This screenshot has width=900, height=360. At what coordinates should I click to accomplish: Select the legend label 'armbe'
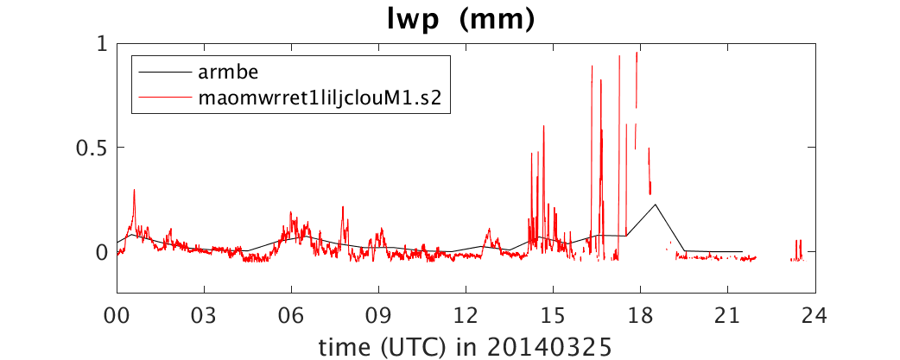pyautogui.click(x=224, y=73)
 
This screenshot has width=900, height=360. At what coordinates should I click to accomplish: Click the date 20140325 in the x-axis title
pyautogui.click(x=549, y=346)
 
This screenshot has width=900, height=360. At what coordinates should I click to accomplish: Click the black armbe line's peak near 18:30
pyautogui.click(x=655, y=204)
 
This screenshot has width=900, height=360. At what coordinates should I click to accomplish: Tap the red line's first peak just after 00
pyautogui.click(x=135, y=190)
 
